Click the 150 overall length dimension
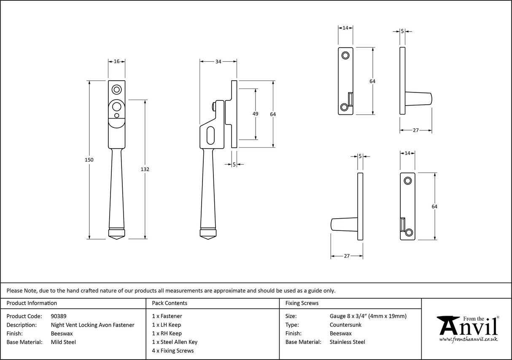click(89, 160)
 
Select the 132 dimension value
click(146, 169)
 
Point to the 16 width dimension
click(116, 62)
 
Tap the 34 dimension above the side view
click(218, 62)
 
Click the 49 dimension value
click(255, 114)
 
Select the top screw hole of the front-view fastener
click(116, 89)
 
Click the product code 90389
click(58, 316)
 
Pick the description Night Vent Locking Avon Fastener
click(92, 325)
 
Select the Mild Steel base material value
click(63, 342)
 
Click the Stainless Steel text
click(347, 342)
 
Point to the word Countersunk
click(345, 325)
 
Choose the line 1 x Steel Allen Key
click(175, 342)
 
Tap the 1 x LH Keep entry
click(167, 325)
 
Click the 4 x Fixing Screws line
click(173, 351)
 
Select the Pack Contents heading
click(170, 303)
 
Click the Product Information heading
click(32, 303)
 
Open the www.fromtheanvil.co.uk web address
click(468, 339)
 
